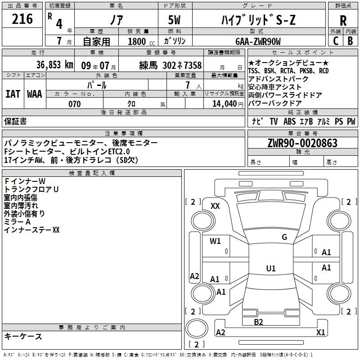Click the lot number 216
[x=22, y=19]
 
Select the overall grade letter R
[x=343, y=21]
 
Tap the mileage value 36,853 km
[x=54, y=65]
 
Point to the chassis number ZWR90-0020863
[x=302, y=143]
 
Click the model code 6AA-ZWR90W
[x=258, y=41]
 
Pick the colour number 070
[x=75, y=104]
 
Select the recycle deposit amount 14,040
[x=225, y=104]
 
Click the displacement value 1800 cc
[x=141, y=41]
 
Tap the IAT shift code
[x=13, y=94]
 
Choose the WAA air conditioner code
[x=35, y=94]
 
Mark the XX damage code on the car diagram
[x=215, y=206]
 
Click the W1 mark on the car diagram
[x=215, y=241]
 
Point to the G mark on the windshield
[x=284, y=237]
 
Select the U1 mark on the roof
[x=271, y=268]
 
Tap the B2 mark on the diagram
[x=258, y=322]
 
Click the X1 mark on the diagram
[x=320, y=332]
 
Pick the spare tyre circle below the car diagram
[x=197, y=328]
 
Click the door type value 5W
[x=174, y=20]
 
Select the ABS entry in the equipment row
[x=289, y=121]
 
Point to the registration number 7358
[x=193, y=65]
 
